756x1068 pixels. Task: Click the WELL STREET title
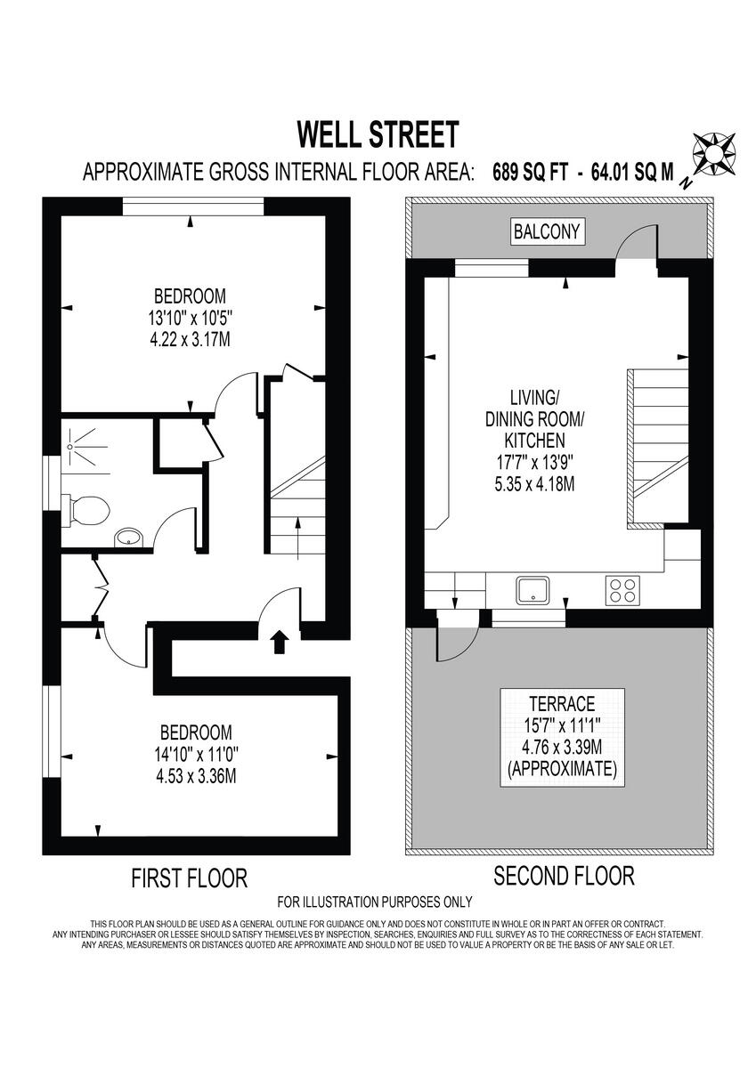point(378,134)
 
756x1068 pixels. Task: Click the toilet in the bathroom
point(86,510)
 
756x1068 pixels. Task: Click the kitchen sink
point(532,590)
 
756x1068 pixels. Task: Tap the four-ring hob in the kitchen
point(622,590)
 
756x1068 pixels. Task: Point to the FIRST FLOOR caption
point(189,878)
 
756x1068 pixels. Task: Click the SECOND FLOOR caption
point(564,876)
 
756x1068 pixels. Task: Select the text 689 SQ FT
point(531,172)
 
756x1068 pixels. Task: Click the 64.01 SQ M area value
point(633,172)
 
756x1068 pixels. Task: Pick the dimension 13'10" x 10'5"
point(190,318)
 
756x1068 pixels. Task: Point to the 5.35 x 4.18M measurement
point(534,484)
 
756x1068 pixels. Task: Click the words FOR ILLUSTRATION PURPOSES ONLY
point(374,902)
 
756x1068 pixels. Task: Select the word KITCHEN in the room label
point(534,440)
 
